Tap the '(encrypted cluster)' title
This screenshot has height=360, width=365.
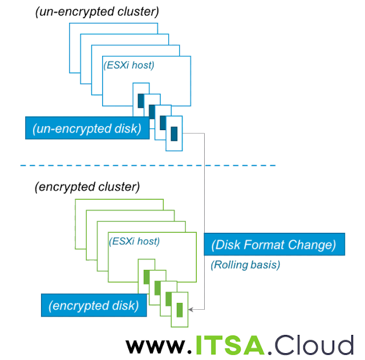pos(87,187)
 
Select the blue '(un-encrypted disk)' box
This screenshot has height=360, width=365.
pos(87,128)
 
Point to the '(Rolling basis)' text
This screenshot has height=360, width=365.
pos(246,265)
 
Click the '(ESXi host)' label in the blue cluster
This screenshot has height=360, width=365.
pos(129,64)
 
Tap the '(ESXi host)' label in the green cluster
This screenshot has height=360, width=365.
pos(134,241)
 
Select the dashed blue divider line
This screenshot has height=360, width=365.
pos(148,165)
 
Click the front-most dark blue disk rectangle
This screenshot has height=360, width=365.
pos(175,134)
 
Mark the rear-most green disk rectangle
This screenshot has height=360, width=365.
pos(147,277)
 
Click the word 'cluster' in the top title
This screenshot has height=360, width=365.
pos(138,11)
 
